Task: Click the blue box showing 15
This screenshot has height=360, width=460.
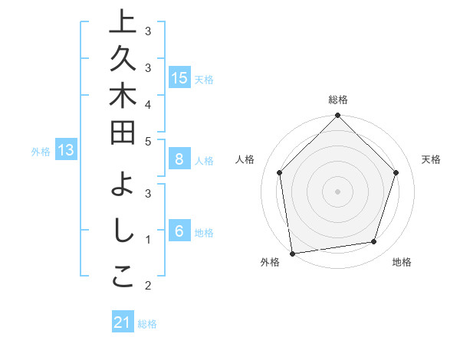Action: (x=179, y=78)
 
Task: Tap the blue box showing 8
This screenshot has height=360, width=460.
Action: (x=179, y=159)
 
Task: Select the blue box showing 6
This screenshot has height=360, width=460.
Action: (x=179, y=231)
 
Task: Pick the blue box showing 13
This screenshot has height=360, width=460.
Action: (x=66, y=150)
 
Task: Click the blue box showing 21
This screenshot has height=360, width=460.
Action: (x=123, y=322)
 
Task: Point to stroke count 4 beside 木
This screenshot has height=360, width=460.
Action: (x=148, y=104)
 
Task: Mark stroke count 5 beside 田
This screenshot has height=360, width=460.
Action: (x=148, y=140)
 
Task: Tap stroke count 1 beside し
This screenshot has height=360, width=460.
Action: (x=148, y=240)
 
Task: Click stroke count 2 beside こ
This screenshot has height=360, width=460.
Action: (x=148, y=286)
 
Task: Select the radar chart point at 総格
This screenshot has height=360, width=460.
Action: (x=337, y=116)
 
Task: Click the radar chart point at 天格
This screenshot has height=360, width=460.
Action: (x=396, y=172)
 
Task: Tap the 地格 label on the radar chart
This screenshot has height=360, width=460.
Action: (x=402, y=262)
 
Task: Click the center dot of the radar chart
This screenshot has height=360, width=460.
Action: (x=337, y=191)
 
